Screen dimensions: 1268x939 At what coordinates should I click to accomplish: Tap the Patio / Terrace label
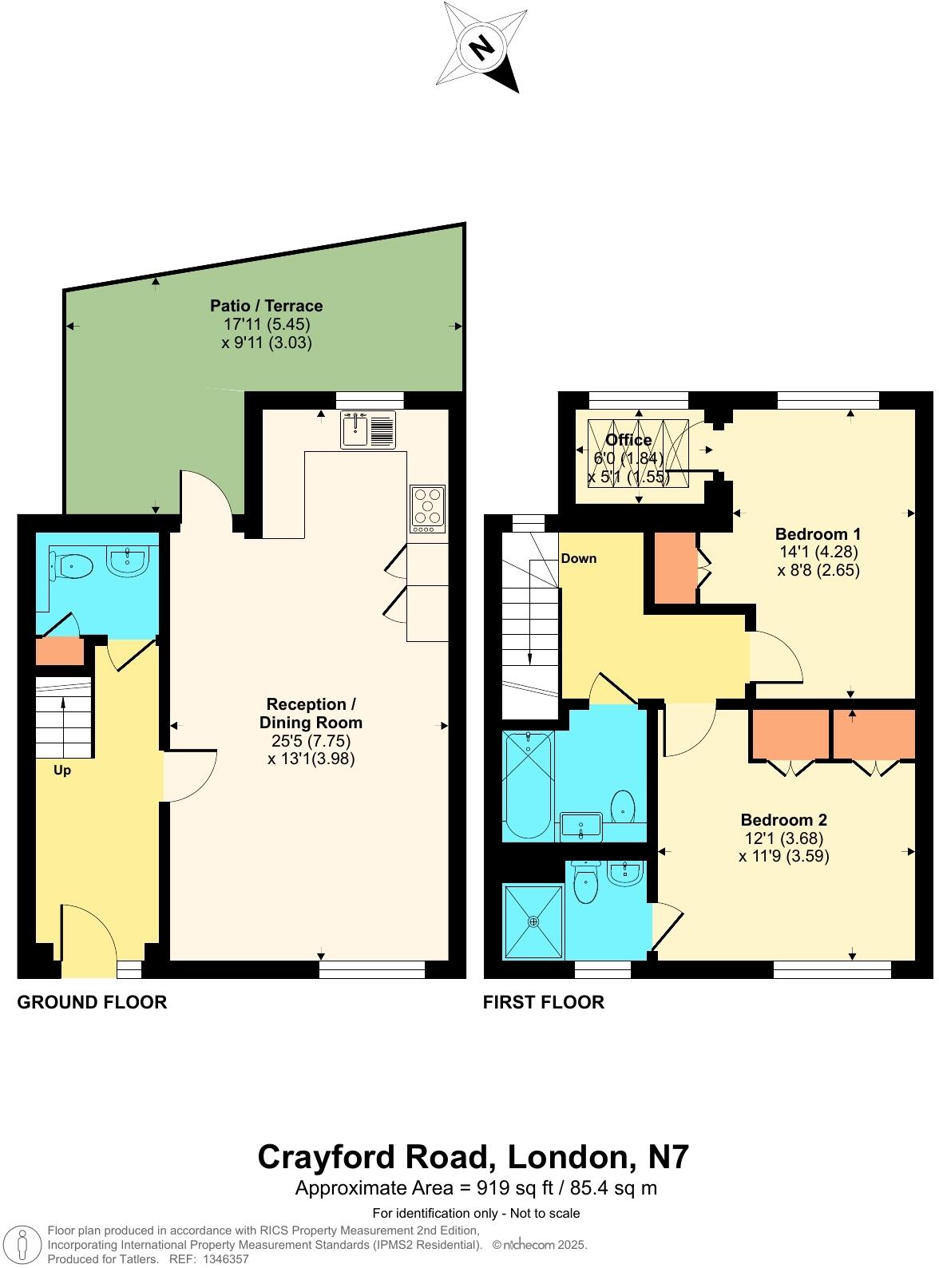click(266, 306)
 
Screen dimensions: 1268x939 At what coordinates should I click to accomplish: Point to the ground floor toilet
click(73, 566)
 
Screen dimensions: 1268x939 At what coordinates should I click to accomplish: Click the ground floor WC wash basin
click(127, 561)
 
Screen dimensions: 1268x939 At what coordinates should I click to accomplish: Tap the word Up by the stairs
click(61, 771)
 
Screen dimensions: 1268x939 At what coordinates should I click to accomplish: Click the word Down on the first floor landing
click(578, 558)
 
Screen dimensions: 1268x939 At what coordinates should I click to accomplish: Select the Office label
click(628, 440)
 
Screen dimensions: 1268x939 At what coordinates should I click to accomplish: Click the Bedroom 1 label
click(818, 533)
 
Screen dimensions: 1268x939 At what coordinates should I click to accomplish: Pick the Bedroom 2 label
click(783, 819)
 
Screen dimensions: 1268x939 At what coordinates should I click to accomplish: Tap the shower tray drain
click(533, 921)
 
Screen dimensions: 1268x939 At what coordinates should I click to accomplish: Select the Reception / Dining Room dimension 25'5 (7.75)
click(311, 740)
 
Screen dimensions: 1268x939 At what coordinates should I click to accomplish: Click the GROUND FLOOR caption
click(92, 1002)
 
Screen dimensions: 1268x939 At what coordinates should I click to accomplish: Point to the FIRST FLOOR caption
click(543, 1002)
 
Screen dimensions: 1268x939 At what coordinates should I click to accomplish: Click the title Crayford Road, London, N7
click(473, 1156)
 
